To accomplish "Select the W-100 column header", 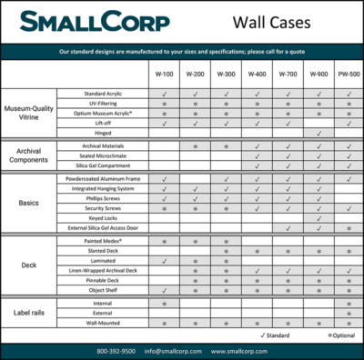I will pos(163,73).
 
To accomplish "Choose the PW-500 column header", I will pos(349,73).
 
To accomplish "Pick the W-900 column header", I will pos(318,73).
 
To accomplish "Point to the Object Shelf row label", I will pos(107,291).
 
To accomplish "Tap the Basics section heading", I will pos(28,204).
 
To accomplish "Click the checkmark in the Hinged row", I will pos(318,133).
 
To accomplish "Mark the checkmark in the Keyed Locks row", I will pos(318,219).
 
